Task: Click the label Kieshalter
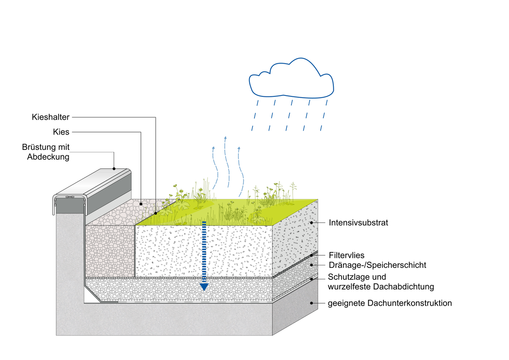tap(50, 117)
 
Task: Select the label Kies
tap(61, 132)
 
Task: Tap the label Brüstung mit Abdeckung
tap(46, 152)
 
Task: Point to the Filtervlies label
tap(347, 256)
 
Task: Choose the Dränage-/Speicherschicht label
tap(377, 265)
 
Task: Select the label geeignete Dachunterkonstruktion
tap(389, 303)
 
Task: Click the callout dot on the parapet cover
tap(114, 168)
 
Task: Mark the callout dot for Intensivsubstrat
tap(312, 222)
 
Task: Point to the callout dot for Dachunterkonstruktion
tap(312, 303)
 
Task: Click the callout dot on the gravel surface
tap(140, 204)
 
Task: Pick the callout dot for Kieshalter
tap(156, 213)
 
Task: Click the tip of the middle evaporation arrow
tap(226, 138)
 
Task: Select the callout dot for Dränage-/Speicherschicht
tap(312, 265)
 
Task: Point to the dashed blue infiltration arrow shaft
tap(204, 250)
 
